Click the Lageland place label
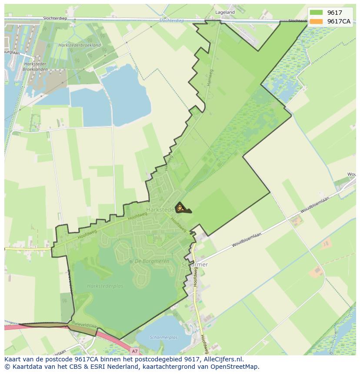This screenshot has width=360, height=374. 224,13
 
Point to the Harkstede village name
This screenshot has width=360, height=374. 160,209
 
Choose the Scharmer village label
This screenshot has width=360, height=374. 194,265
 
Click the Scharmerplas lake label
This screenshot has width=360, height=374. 163,337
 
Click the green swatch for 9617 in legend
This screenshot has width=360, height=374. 317,13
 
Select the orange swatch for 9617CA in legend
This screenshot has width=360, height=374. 317,21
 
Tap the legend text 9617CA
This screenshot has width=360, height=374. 339,21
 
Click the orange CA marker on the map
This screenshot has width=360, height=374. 180,209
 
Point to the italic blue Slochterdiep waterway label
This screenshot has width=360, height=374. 172,20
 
